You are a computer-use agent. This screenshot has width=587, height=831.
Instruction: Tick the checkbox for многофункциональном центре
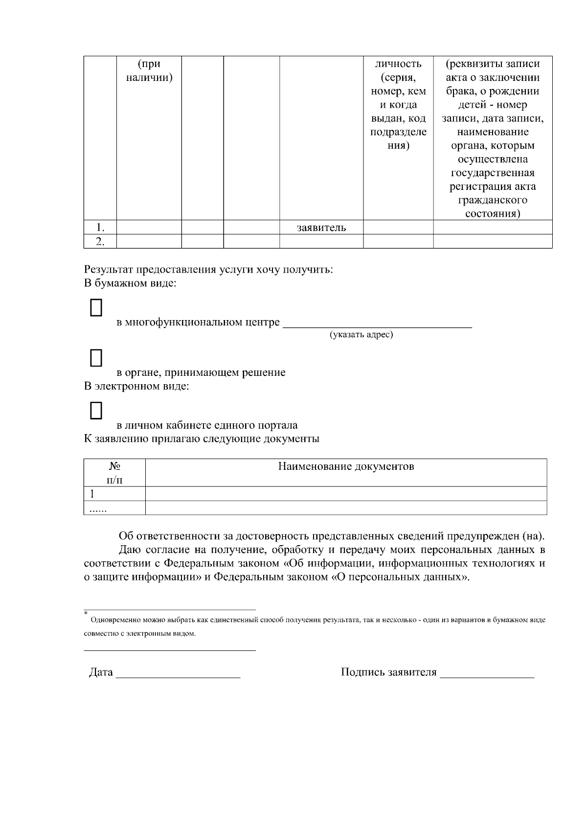[x=96, y=308]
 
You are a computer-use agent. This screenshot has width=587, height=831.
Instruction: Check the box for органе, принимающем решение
[x=96, y=358]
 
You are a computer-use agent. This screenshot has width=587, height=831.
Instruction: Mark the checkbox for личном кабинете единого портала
[x=96, y=411]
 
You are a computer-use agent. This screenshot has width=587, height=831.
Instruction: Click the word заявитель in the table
[x=321, y=228]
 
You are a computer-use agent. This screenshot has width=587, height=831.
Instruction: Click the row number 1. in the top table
[x=100, y=228]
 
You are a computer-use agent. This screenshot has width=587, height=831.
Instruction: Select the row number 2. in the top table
[x=100, y=241]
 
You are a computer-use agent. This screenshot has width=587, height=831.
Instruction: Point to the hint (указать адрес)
[x=361, y=335]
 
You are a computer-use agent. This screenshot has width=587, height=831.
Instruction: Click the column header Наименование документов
[x=346, y=466]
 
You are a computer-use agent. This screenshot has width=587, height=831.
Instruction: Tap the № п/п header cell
[x=115, y=473]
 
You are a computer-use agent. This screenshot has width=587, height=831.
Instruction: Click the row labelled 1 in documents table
[x=92, y=494]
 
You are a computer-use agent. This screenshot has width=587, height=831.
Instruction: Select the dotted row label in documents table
[x=98, y=509]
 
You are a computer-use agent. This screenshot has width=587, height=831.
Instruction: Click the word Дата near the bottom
[x=101, y=672]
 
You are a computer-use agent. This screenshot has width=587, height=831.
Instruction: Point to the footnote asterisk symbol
[x=86, y=613]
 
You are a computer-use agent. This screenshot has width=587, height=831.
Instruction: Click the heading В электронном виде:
[x=136, y=386]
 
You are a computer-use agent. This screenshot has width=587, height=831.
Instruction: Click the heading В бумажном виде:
[x=130, y=283]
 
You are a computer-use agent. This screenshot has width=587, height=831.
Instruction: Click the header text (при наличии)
[x=149, y=71]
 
